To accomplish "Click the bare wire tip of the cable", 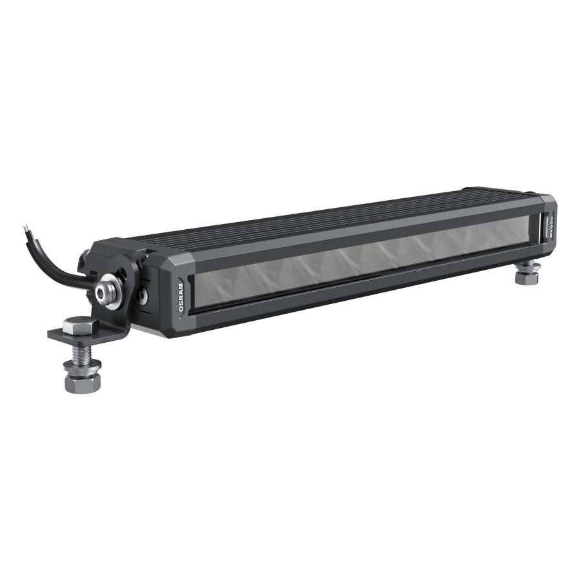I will pos(25,228).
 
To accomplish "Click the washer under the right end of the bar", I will pos(525,264).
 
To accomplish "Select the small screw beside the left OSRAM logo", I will pos(144,296).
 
